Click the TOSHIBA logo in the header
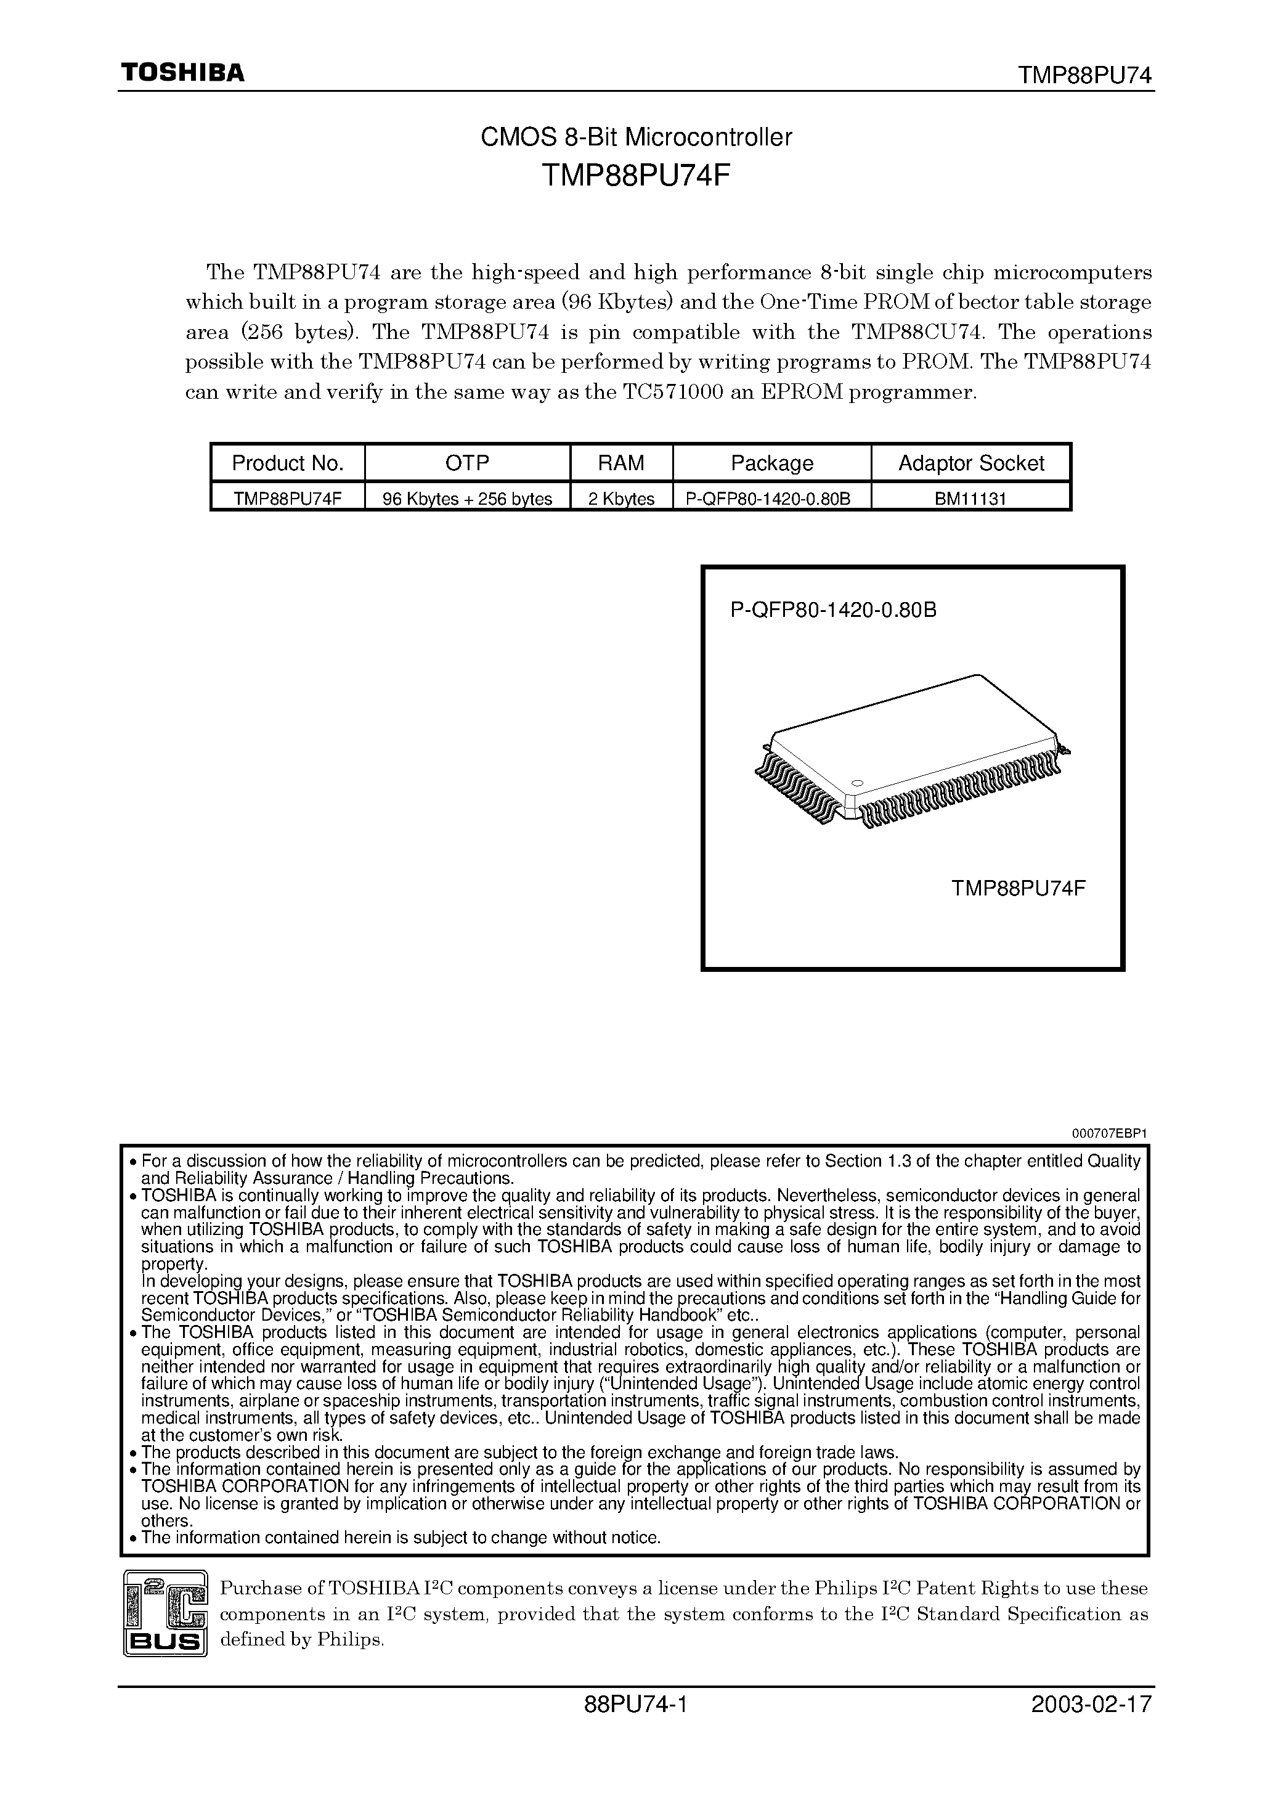pos(182,73)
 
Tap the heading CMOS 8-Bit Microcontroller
pos(636,137)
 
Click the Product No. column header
pos(288,463)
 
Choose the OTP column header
pos(467,463)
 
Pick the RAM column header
pos(621,463)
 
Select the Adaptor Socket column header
pos(971,463)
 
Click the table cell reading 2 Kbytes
pos(621,499)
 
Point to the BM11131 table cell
pos(971,499)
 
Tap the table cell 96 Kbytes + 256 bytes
pos(467,499)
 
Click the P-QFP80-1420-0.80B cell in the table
pos(771,499)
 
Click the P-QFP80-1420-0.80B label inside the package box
pos(834,610)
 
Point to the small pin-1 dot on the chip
pos(856,783)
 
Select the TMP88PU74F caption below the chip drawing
pos(1018,889)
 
